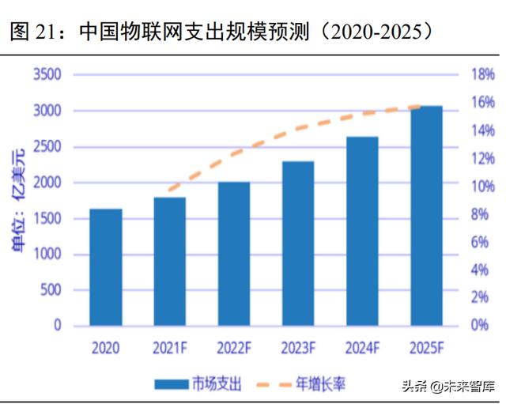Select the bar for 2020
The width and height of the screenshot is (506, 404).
[x=105, y=266]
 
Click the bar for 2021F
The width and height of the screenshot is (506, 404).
[x=169, y=261]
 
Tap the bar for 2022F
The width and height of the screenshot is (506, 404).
[x=234, y=253]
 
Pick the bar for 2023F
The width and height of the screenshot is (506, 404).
[x=298, y=243]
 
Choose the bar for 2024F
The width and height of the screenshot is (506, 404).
[x=362, y=231]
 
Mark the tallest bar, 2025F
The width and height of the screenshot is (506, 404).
[x=426, y=215]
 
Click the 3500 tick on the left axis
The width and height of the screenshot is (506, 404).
[x=47, y=75]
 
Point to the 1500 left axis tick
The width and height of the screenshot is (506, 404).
[x=47, y=218]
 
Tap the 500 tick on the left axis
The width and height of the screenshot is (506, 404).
[x=51, y=289]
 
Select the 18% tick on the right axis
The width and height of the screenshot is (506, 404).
[x=483, y=75]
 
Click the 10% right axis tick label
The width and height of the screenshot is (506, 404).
[x=483, y=187]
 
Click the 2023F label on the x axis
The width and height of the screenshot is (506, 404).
[x=298, y=347]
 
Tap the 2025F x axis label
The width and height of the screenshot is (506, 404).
[x=426, y=347]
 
